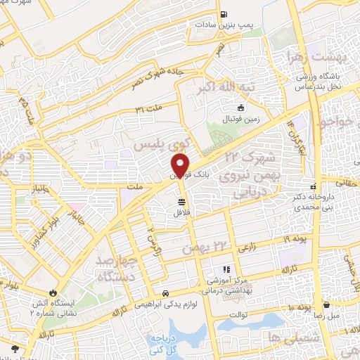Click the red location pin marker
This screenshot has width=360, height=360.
[181, 165]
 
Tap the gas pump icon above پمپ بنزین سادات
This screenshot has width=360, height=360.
[224, 14]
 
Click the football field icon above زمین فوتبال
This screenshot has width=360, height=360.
[241, 108]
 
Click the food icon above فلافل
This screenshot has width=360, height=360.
[181, 202]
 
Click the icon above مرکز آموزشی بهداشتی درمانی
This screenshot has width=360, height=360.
[226, 269]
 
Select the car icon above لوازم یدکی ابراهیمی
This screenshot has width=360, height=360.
[165, 293]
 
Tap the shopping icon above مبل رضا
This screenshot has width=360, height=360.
[328, 304]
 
